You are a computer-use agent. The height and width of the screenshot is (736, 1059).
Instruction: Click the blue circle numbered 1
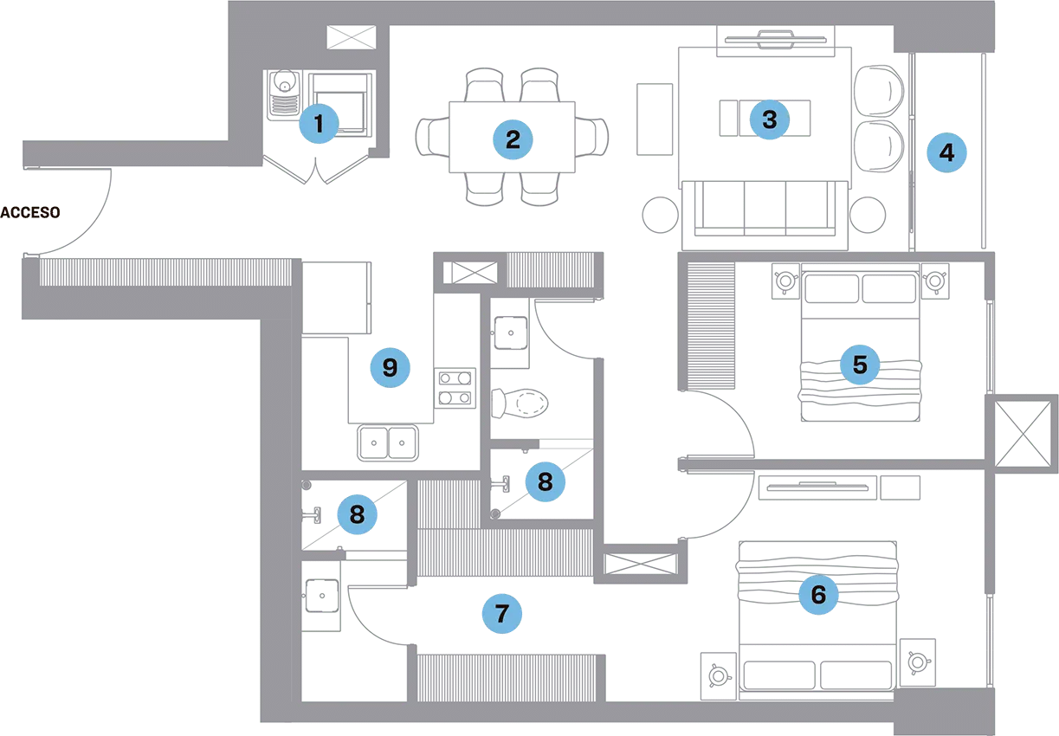[319, 125]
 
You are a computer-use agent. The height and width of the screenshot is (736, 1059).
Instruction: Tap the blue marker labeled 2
[513, 139]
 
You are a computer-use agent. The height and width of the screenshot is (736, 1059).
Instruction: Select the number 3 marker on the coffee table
[769, 118]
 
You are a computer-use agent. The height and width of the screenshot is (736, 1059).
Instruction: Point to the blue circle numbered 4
[946, 153]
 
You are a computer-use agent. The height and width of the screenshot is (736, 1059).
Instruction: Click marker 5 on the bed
[859, 365]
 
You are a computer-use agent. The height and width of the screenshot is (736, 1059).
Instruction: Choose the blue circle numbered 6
[818, 595]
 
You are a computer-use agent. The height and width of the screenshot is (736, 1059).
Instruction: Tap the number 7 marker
[502, 614]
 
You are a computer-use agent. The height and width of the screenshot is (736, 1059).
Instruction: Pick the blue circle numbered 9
[390, 368]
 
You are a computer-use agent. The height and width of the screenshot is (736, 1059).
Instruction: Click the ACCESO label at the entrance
[31, 212]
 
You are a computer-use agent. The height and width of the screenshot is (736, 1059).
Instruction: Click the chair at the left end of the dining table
[430, 137]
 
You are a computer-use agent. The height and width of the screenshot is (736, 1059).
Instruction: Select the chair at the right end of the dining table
[596, 138]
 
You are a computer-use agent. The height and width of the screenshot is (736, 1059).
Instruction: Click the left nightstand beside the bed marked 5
[787, 284]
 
